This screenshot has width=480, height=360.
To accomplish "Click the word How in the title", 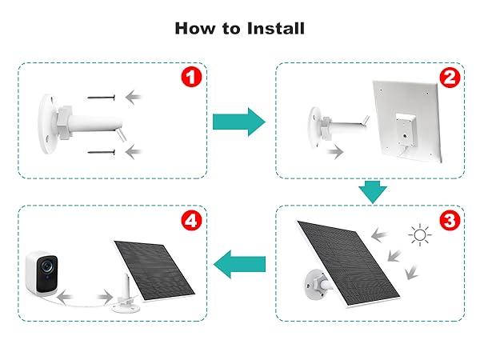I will (195, 29).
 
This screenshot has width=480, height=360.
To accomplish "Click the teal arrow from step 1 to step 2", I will (238, 122).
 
